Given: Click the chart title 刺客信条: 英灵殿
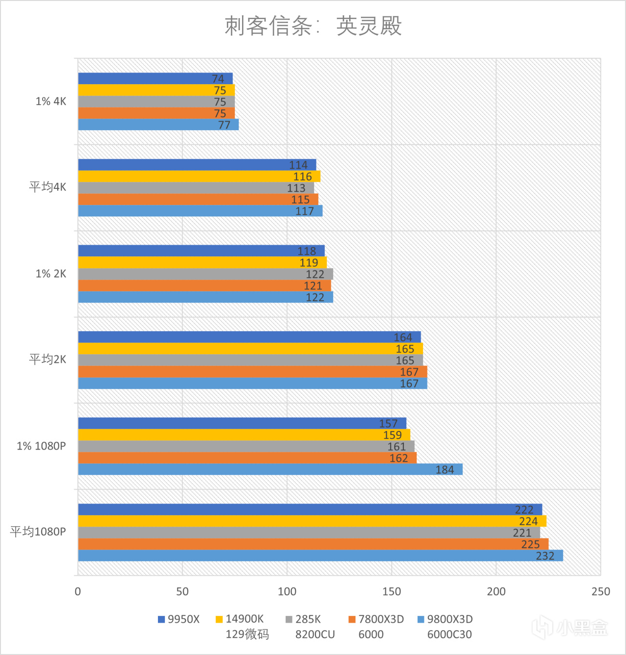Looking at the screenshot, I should coord(313,26).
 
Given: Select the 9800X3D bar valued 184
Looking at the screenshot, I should coord(270,470).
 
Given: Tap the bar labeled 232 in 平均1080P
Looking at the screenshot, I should coord(320,556).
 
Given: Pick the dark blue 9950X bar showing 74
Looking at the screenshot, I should coord(155,79).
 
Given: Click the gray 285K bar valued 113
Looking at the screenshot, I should coord(196,188).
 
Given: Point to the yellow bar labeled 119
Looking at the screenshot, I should coord(202,263).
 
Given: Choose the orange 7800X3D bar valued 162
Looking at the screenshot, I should coord(247,458).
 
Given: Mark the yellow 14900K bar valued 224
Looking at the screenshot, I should coord(312,521).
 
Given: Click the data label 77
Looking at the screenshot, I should coord(224,125).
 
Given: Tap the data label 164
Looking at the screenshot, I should coord(403,338).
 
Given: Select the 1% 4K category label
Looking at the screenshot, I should coord(50,101).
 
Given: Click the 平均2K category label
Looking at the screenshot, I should coord(47,360).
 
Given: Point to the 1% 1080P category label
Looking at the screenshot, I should coord(41,446).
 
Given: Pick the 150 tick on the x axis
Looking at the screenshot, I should coord(391,591).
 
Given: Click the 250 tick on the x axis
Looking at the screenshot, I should coord(601,591).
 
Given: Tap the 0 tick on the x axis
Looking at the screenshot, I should coord(78,591).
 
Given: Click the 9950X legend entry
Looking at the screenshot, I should coord(179,619).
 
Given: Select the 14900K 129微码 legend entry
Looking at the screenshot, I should coord(243,627).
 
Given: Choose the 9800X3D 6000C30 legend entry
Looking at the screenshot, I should coord(445,627).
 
